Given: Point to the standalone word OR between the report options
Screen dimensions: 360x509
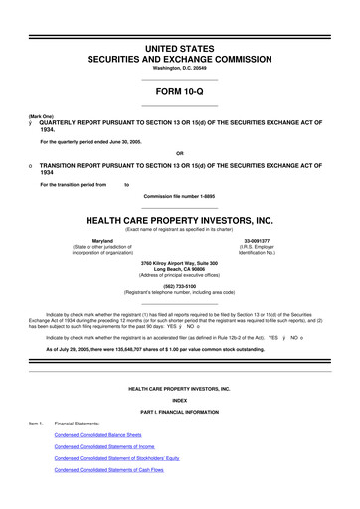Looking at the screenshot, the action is point(180,151).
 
